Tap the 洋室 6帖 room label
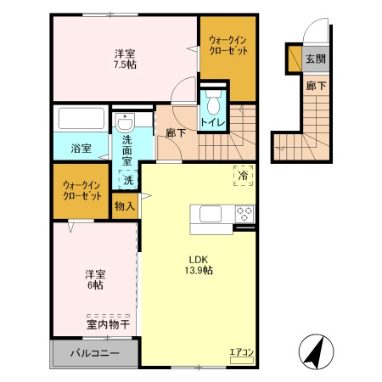tap(95, 279)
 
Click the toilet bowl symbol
tap(213, 104)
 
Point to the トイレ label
tap(212, 123)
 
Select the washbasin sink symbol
tap(126, 120)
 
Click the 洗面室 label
tap(127, 149)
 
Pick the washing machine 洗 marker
tap(127, 180)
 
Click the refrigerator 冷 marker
tap(243, 176)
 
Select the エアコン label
tap(241, 350)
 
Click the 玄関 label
tap(315, 59)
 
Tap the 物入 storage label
tap(125, 205)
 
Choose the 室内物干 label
tap(108, 324)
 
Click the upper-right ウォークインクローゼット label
tap(227, 45)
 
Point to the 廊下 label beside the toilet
tap(176, 133)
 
